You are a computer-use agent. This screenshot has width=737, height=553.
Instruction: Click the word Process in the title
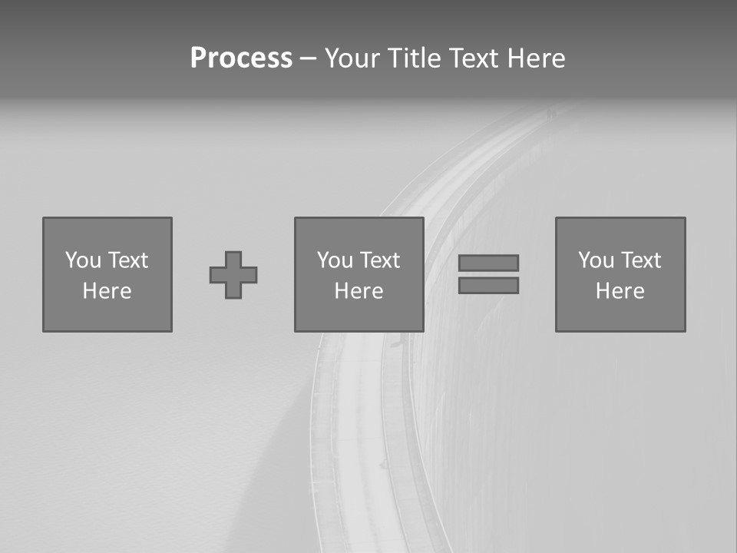241,58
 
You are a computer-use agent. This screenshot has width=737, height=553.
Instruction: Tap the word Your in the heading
355,58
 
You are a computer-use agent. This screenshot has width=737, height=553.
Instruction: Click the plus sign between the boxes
233,275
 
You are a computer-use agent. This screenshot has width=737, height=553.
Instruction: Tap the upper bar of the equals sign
488,263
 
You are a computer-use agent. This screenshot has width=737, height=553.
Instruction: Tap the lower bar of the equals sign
488,286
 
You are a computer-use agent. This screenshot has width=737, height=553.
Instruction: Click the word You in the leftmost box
83,260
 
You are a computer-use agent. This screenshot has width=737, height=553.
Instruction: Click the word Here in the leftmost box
107,291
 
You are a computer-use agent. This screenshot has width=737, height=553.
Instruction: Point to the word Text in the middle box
379,260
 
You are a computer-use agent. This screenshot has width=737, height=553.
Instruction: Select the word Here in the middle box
359,291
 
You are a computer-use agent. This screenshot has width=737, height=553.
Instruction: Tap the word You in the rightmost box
596,260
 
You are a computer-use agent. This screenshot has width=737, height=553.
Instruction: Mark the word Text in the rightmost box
640,260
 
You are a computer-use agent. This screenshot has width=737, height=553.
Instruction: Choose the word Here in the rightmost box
620,291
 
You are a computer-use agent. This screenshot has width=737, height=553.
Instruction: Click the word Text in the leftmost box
127,260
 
